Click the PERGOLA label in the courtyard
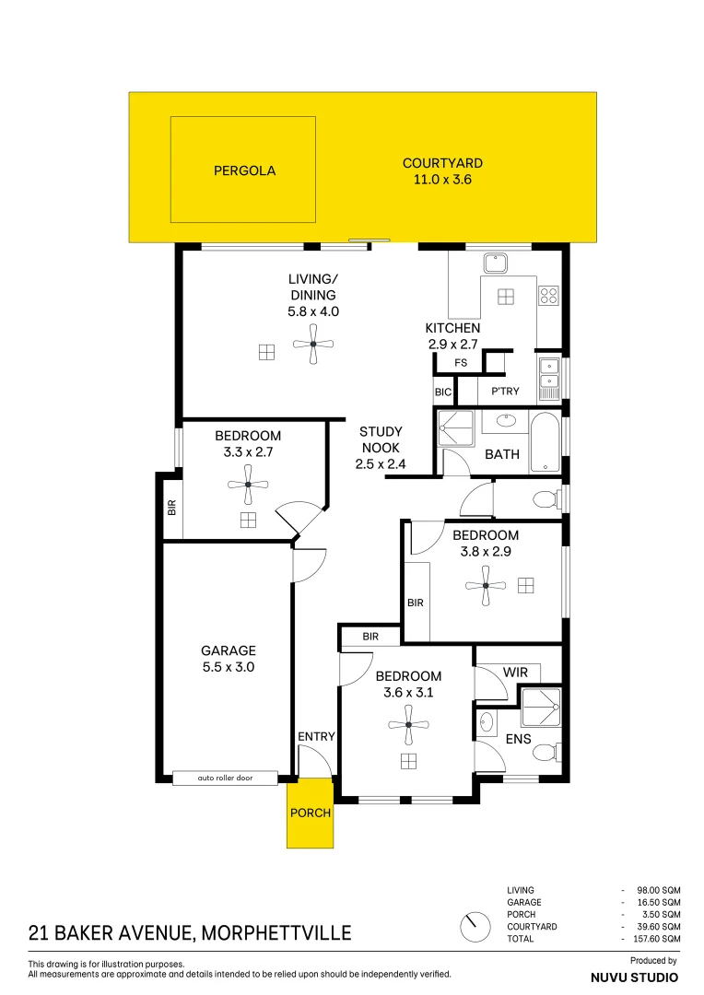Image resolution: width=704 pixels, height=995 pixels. (244, 170)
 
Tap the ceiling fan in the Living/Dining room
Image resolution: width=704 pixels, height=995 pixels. (313, 344)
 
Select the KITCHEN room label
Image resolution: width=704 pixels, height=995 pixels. (452, 328)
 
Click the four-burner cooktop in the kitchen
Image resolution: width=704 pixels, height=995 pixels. (549, 296)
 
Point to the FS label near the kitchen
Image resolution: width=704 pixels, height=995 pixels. (461, 363)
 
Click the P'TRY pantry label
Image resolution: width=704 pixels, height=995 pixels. (505, 392)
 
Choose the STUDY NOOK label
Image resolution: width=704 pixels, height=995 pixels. (381, 447)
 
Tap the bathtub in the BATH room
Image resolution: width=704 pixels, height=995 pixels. (545, 442)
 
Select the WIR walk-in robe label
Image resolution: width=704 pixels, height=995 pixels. (516, 673)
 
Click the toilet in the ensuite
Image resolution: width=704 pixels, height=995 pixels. (545, 753)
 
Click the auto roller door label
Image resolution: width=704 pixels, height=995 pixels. (225, 778)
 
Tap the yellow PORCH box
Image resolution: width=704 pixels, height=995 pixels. (311, 813)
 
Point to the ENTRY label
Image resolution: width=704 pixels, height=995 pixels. (316, 736)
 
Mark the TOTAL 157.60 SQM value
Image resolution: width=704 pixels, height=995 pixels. (657, 938)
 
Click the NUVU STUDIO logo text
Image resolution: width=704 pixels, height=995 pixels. (634, 977)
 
